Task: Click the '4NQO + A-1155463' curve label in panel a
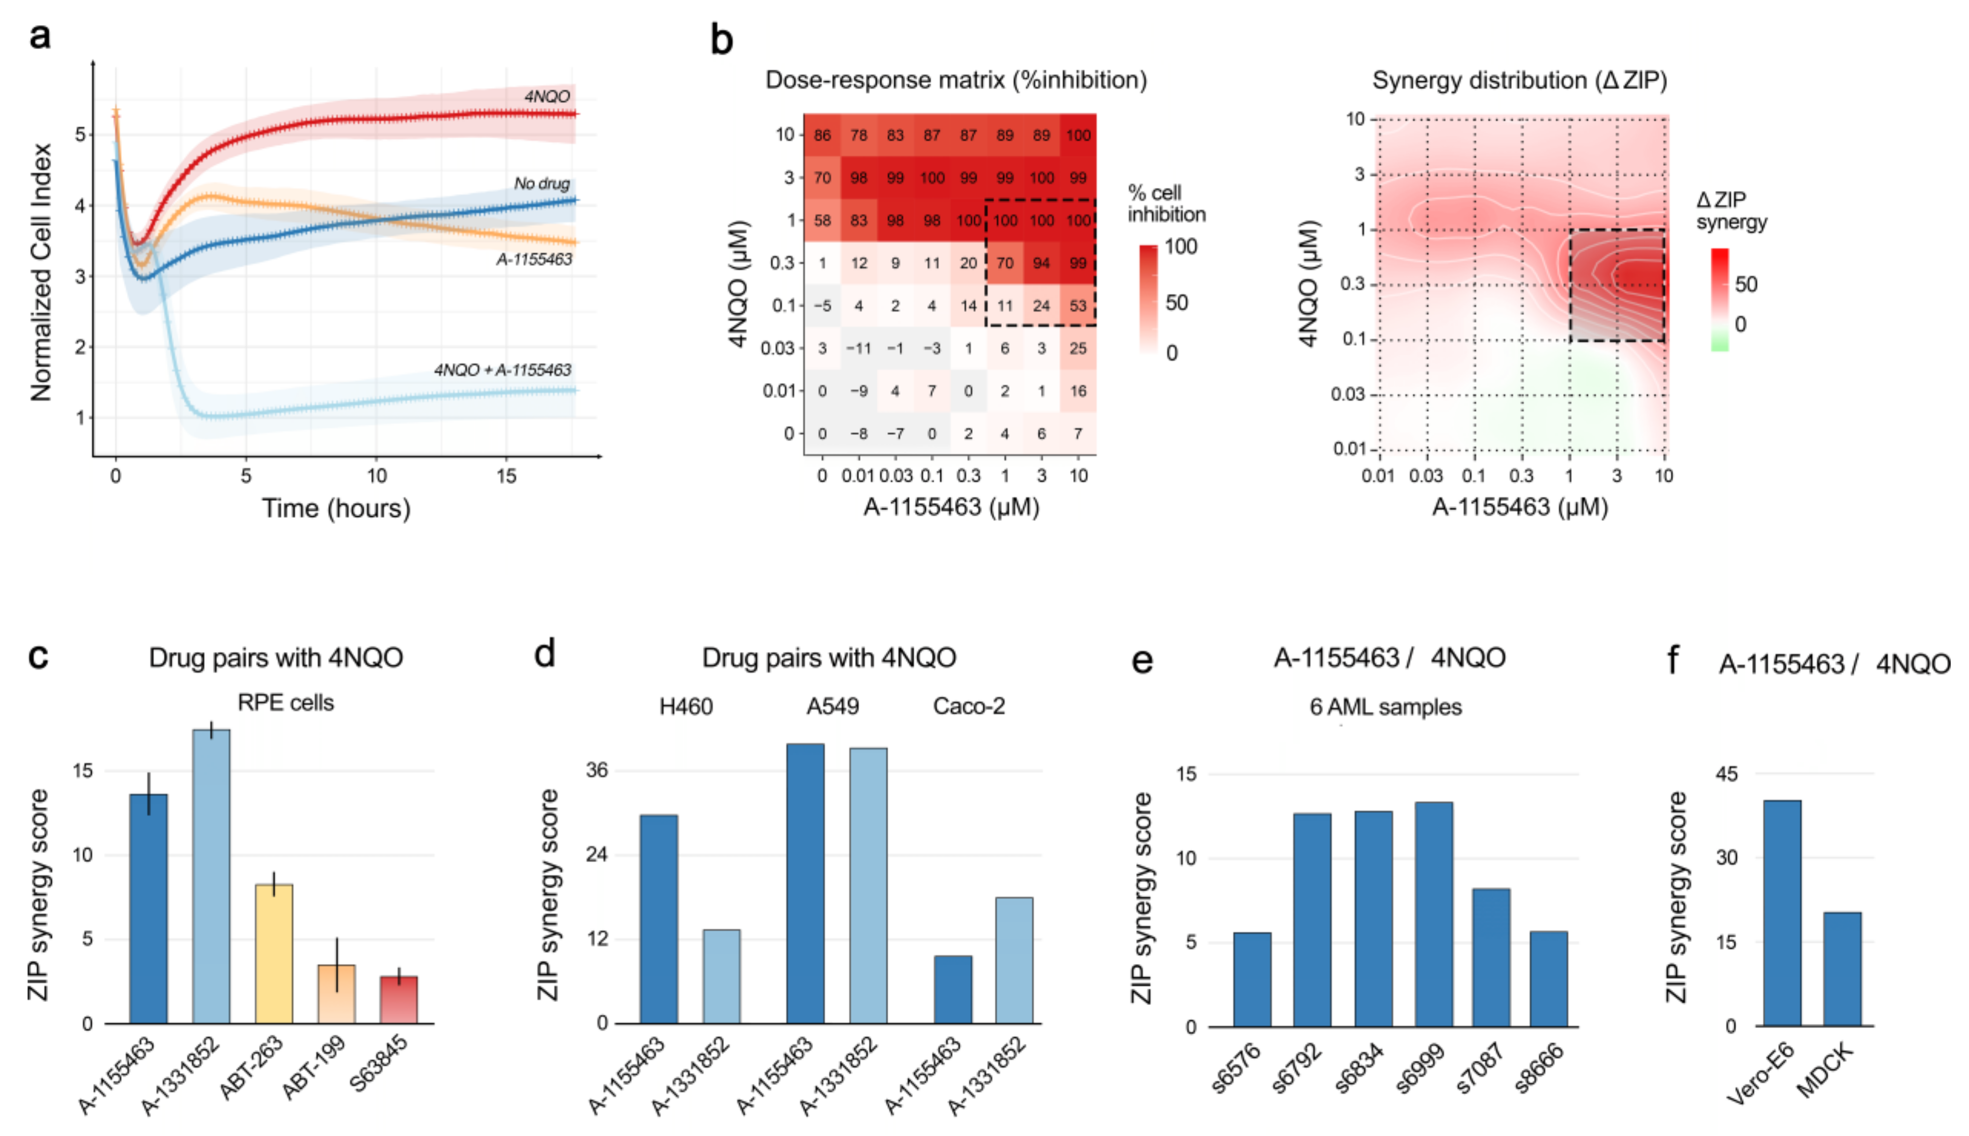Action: point(502,370)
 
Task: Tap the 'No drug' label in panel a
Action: point(541,183)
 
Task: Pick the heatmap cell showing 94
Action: point(1041,263)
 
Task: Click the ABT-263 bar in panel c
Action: point(274,953)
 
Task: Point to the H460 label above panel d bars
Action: point(686,706)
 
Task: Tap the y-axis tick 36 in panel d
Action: point(597,770)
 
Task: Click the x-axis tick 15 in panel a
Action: point(506,476)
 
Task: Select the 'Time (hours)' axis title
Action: point(336,509)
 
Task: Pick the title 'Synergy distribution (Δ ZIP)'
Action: point(1519,80)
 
